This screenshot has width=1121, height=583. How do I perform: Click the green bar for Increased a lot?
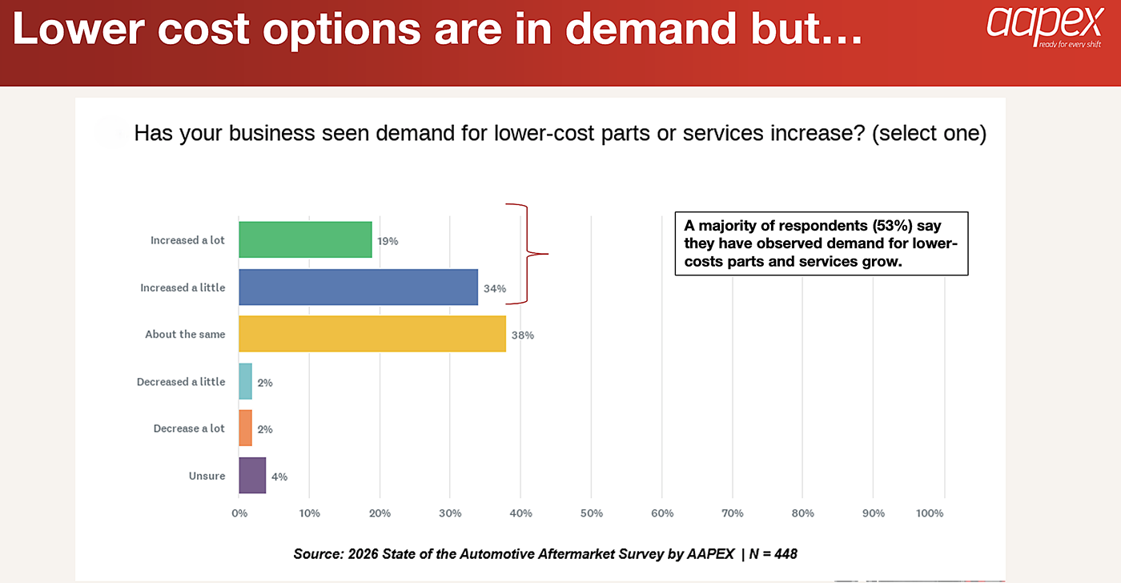coord(305,239)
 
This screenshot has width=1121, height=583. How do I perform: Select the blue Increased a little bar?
coord(358,287)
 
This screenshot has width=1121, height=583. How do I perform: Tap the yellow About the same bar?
coord(372,334)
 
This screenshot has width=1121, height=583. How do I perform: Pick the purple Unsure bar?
coord(252,476)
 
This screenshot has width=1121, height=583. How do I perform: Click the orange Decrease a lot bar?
coord(245,428)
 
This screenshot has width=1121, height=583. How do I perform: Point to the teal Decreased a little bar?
coord(245,382)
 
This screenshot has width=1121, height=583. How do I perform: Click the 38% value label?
coord(523,336)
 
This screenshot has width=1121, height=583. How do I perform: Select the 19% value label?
coord(388,240)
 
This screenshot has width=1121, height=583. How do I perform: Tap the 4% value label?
coord(279,476)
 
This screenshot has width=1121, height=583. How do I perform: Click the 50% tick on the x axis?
coord(591,513)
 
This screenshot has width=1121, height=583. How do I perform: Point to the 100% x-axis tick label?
coord(930,513)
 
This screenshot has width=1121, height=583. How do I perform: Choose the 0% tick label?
coord(239,513)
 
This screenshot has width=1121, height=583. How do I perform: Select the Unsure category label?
coord(207,476)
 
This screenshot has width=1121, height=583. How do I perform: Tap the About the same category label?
coord(185,334)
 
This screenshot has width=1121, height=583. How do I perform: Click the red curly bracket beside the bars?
coord(528,254)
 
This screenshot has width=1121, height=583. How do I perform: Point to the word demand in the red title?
coord(649,30)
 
